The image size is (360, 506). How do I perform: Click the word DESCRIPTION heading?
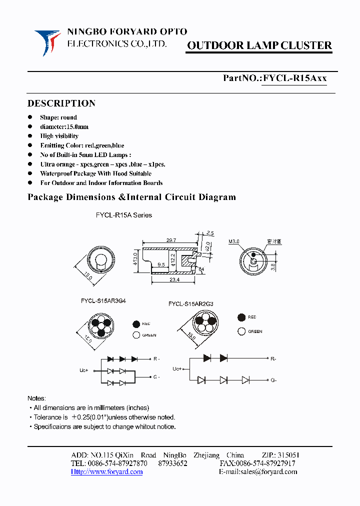[61, 103]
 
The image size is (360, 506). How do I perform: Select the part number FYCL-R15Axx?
[294, 78]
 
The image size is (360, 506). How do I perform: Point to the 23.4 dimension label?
[174, 280]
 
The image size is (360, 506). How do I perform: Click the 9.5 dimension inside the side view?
[161, 264]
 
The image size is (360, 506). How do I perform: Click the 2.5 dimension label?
[209, 233]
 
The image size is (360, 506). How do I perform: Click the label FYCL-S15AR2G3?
[191, 303]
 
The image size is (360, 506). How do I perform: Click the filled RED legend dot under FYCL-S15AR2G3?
[241, 317]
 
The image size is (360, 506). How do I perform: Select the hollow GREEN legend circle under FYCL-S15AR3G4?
[136, 335]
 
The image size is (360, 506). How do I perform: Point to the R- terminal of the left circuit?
[156, 359]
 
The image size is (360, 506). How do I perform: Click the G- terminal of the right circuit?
[273, 380]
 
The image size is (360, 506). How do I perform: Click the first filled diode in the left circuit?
[110, 359]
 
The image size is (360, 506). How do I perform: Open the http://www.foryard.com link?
[106, 471]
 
